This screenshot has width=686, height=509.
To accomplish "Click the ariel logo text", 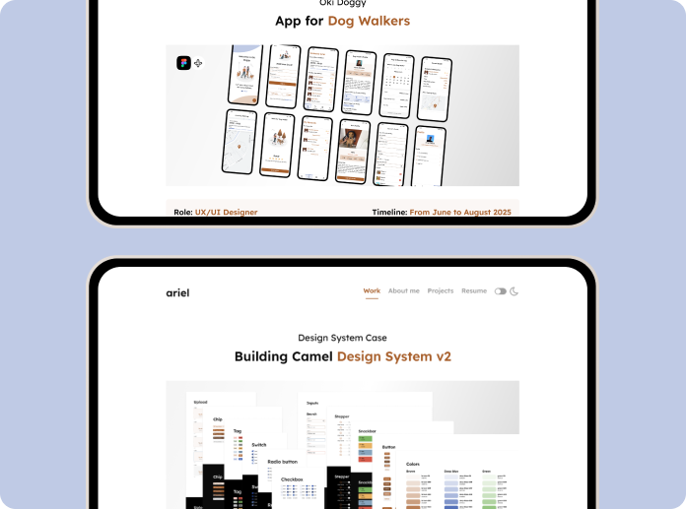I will pos(177,291).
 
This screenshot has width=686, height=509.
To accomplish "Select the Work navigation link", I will pos(372,291).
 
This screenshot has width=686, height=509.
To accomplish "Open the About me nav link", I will pos(403,291).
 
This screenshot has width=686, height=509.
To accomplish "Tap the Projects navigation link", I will pos(441,291).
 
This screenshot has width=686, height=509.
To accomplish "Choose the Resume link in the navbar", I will pos(474,291).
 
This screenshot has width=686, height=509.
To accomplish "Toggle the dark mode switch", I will pos(501,291).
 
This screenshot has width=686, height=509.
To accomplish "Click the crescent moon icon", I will pos(514,291).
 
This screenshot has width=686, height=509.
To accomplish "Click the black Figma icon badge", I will pos(183,63).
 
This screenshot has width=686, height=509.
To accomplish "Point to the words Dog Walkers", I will pos(371,21).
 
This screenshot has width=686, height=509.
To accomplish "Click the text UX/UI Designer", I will pos(226,212).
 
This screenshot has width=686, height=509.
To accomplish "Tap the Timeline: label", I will pos(389,212).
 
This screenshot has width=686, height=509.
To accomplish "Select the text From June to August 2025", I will pos(460,212).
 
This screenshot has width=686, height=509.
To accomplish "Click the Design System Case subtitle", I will pos(342,338).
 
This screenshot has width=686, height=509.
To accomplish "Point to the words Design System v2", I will pos(394,356).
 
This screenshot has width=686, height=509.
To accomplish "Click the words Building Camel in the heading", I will pos(284,356).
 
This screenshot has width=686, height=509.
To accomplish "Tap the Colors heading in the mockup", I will pos(413,464).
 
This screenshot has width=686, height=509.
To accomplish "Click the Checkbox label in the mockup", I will pos(292,479).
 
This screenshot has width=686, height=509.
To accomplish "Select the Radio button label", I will pos(283,461).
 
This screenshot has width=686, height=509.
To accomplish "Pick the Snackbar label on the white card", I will pos(367,431).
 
